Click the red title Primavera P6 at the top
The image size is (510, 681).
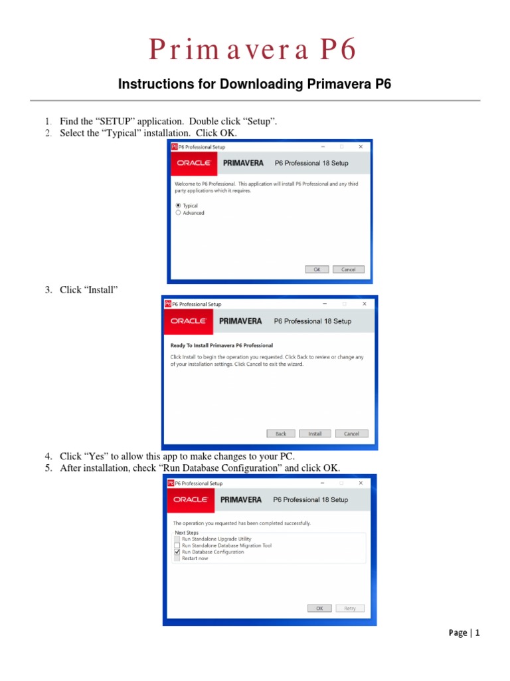pyautogui.click(x=254, y=50)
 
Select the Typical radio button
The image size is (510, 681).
pyautogui.click(x=178, y=205)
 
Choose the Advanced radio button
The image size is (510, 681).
pyautogui.click(x=178, y=213)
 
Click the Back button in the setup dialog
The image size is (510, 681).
pyautogui.click(x=281, y=434)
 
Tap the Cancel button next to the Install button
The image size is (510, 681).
pyautogui.click(x=351, y=434)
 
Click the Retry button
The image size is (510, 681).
pyautogui.click(x=349, y=608)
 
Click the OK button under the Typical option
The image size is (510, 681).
pyautogui.click(x=317, y=269)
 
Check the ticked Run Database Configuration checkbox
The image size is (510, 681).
pyautogui.click(x=177, y=552)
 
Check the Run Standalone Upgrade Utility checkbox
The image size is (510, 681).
pyautogui.click(x=177, y=539)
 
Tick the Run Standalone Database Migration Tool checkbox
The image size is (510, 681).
pyautogui.click(x=177, y=545)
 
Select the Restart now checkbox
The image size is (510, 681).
pyautogui.click(x=177, y=559)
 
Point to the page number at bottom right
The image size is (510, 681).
pyautogui.click(x=464, y=633)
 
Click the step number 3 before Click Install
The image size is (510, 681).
pyautogui.click(x=48, y=290)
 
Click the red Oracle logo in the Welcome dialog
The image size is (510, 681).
pyautogui.click(x=193, y=163)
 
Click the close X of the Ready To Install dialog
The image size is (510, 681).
pyautogui.click(x=364, y=304)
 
